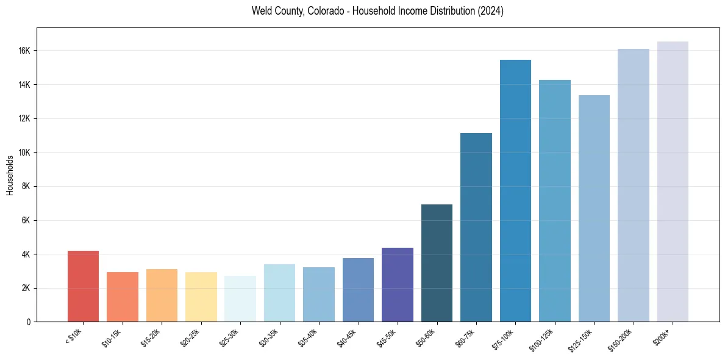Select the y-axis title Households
coord(10,175)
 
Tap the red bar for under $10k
coord(83,286)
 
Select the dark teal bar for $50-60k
coord(437,263)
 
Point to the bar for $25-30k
coord(240,298)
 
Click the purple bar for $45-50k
coord(398,284)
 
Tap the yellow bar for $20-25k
coord(201,297)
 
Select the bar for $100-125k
coord(555,201)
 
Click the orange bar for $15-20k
coord(162,295)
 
